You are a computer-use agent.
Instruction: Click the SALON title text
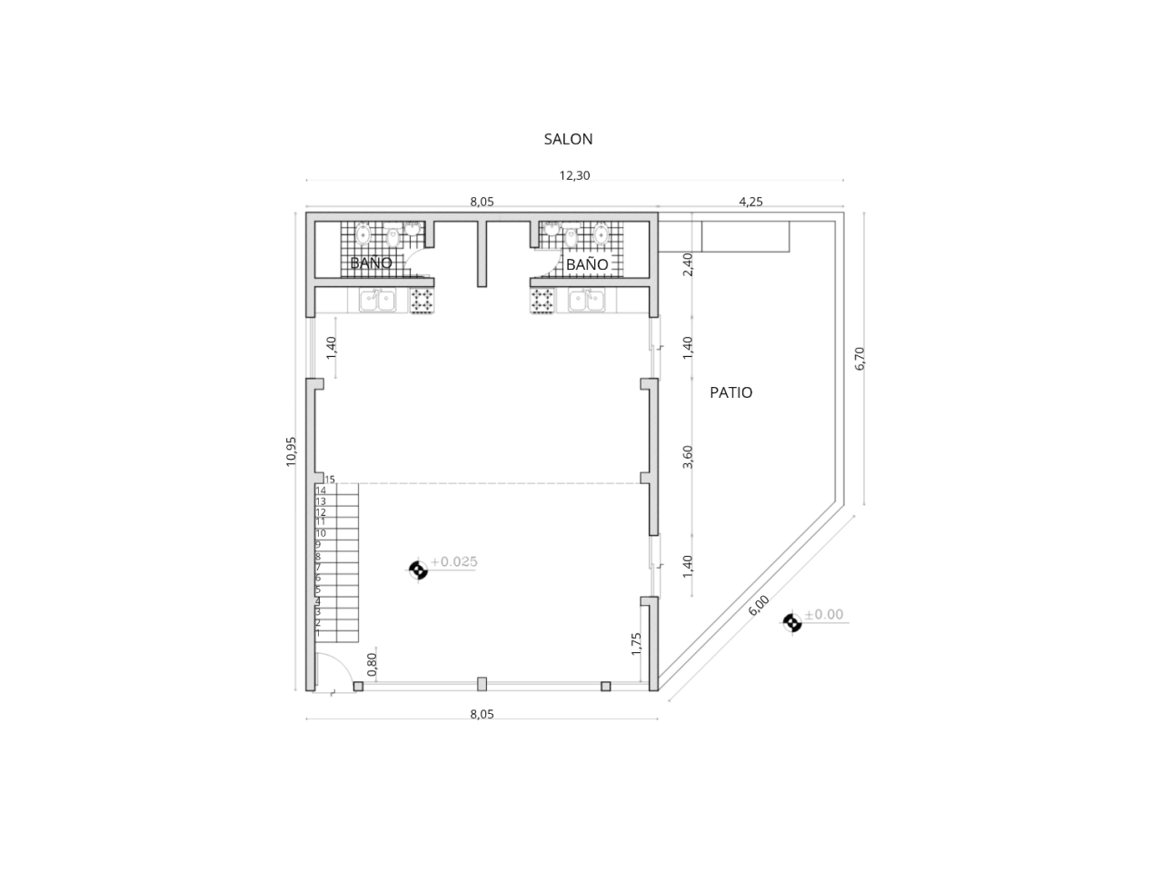(568, 139)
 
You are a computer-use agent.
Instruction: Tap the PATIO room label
(731, 392)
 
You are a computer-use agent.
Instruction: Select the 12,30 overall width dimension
(574, 175)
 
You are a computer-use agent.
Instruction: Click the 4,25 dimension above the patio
(750, 202)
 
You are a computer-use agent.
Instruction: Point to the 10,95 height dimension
(291, 451)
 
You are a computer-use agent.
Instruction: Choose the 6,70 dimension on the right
(860, 359)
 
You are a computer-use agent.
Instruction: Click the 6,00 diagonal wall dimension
(758, 605)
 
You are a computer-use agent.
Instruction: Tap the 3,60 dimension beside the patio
(687, 457)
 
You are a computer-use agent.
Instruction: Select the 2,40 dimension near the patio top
(687, 264)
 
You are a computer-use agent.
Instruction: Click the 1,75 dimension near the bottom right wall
(636, 644)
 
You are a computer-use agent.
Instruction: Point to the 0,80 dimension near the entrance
(372, 665)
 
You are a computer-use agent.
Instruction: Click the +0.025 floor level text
(454, 561)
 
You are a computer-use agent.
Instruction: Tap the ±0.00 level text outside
(824, 614)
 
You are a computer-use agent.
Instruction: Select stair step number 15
(330, 480)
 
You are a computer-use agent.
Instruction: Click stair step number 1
(318, 633)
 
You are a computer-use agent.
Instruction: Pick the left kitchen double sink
(377, 301)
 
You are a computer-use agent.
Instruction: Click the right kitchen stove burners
(542, 302)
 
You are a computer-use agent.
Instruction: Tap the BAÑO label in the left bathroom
(371, 263)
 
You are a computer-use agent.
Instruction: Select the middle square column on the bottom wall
(482, 684)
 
